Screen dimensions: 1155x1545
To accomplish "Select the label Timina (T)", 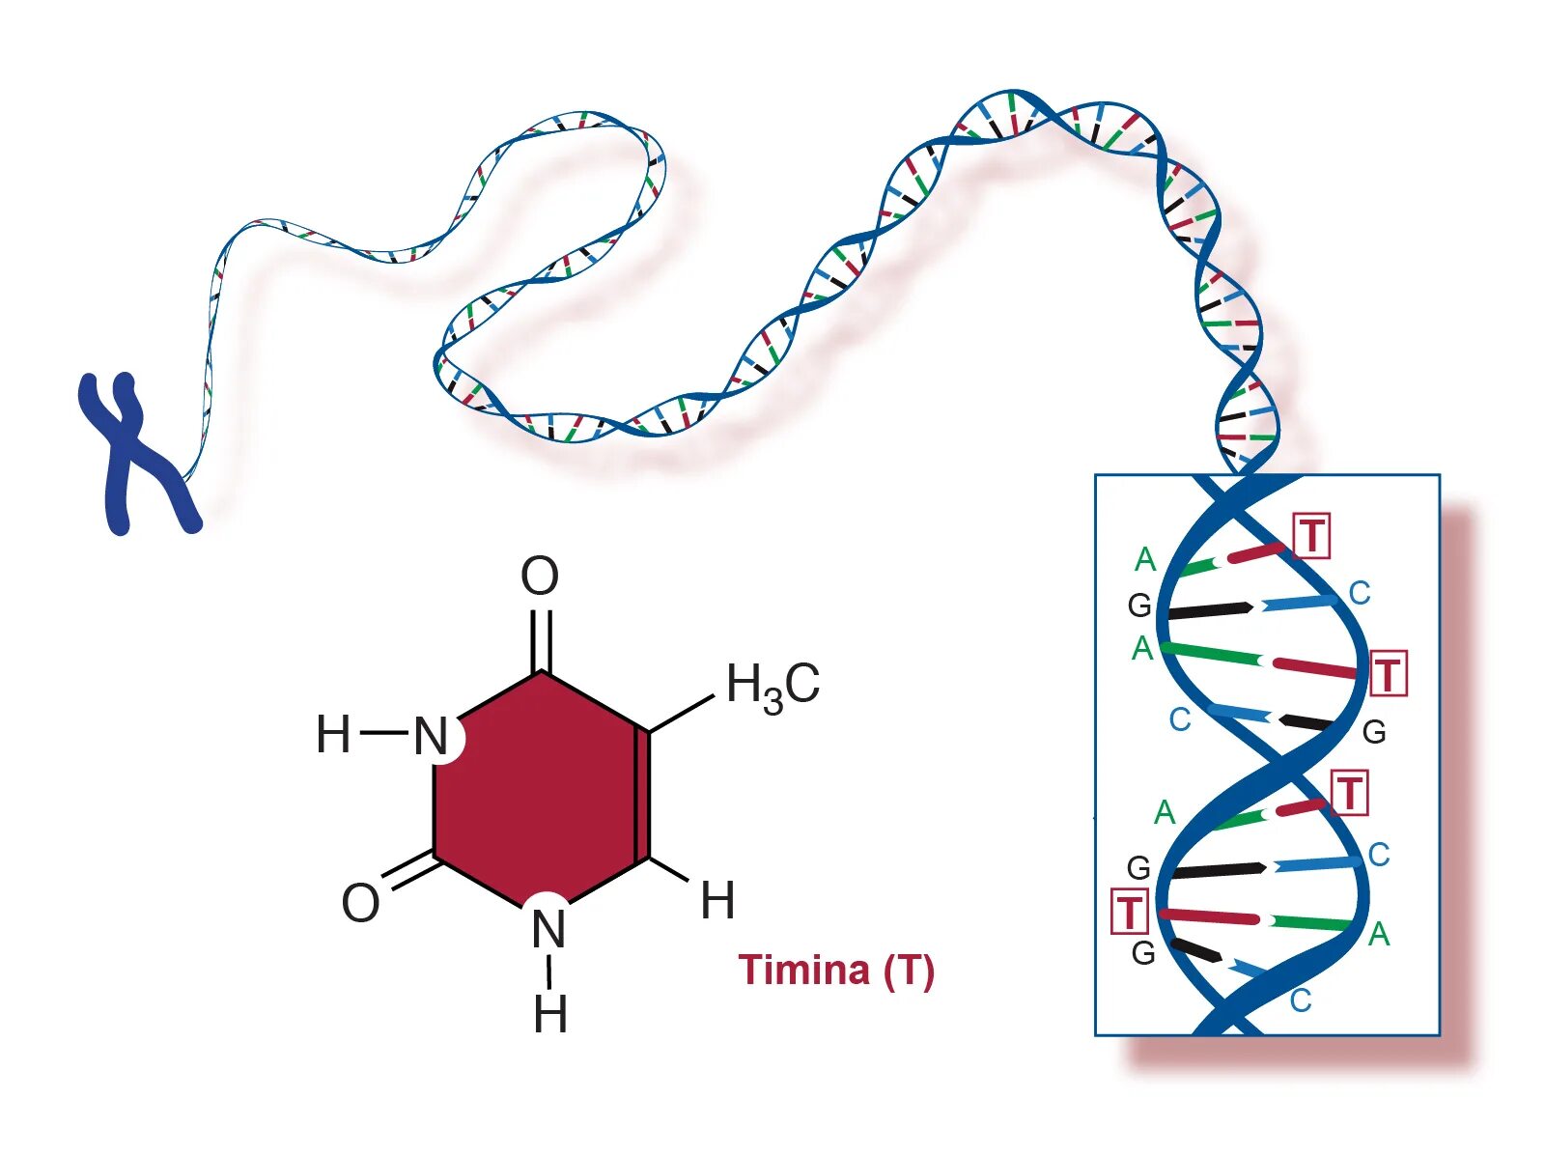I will coord(836,970).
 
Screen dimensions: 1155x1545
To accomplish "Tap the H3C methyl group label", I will coord(772,685).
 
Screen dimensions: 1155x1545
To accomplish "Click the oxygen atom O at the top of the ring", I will coord(540,577).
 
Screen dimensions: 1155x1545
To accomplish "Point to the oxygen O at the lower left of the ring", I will coord(360,903).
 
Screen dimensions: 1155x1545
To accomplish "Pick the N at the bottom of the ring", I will coord(548,930).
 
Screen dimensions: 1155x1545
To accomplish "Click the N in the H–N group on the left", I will coord(432,737).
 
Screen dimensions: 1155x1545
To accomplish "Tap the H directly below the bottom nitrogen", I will coord(550,1015).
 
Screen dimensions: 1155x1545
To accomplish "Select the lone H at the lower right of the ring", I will coord(717,901).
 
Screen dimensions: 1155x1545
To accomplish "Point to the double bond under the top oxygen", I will coord(542,637).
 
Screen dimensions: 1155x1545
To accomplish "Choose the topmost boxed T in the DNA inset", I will coord(1311,536).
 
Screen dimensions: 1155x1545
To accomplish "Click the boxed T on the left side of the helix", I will coord(1129,912).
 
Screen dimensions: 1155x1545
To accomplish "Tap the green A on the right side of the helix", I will coord(1379,934).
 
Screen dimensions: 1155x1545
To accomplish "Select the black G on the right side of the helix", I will coord(1374,732).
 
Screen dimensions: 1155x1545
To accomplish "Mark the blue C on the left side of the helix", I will coord(1179,719).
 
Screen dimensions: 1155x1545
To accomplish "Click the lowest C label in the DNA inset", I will coord(1301,1000).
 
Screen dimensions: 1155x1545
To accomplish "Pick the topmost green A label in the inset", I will coord(1145,559).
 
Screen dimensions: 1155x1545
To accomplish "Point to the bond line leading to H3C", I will coord(681,713).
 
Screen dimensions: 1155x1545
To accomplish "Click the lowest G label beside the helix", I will coord(1143,953).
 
